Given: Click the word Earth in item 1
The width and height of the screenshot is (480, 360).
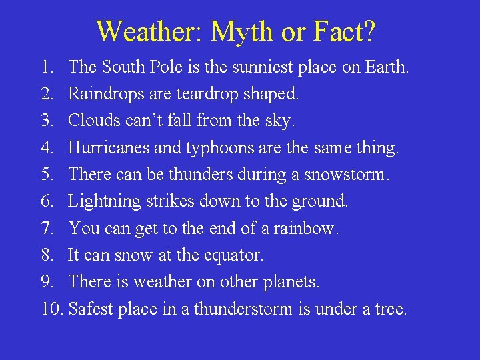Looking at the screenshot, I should point(385,67).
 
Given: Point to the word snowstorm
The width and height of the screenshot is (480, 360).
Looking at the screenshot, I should point(345,174).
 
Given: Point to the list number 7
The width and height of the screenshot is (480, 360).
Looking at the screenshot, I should point(47,228).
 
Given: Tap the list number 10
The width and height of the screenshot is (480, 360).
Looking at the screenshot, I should point(50,309).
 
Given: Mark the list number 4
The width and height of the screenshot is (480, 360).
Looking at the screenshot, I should point(47,147).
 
